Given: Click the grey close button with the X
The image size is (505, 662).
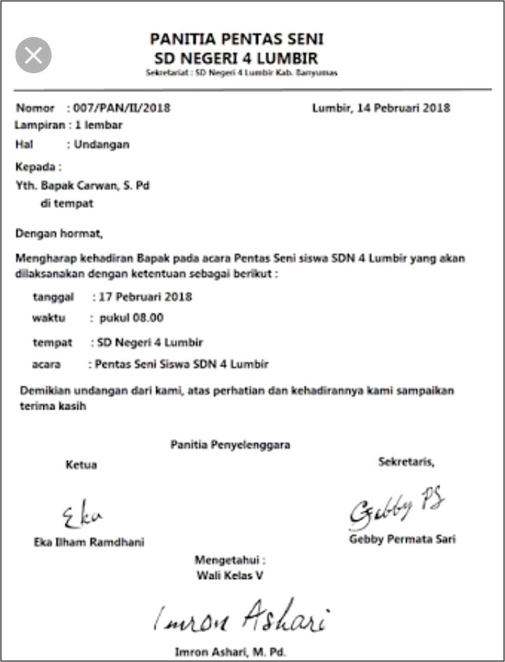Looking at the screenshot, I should pos(33,56).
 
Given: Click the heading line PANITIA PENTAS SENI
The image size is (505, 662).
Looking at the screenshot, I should pos(236,39).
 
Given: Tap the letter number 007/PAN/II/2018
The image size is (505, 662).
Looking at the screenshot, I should pos(121,108).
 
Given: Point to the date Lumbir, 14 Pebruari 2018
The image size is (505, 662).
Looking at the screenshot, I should pos(381,108).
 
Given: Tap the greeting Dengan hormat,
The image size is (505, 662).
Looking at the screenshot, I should pos(59,232).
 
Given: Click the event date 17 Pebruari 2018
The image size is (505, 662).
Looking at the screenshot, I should pos(145,296).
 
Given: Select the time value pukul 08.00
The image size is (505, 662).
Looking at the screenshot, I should pos(131,318).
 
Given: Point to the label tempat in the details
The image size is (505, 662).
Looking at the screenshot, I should pos(52,343).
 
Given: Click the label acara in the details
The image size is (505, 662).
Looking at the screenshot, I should pos(47,364).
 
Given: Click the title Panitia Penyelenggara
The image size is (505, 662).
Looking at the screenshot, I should pos(230,444).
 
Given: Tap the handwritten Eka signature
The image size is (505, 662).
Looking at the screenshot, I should pos(82,516).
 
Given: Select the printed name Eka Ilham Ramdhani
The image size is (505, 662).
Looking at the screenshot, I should pos(89,542).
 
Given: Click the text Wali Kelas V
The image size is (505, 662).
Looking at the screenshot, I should pos(230,576).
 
